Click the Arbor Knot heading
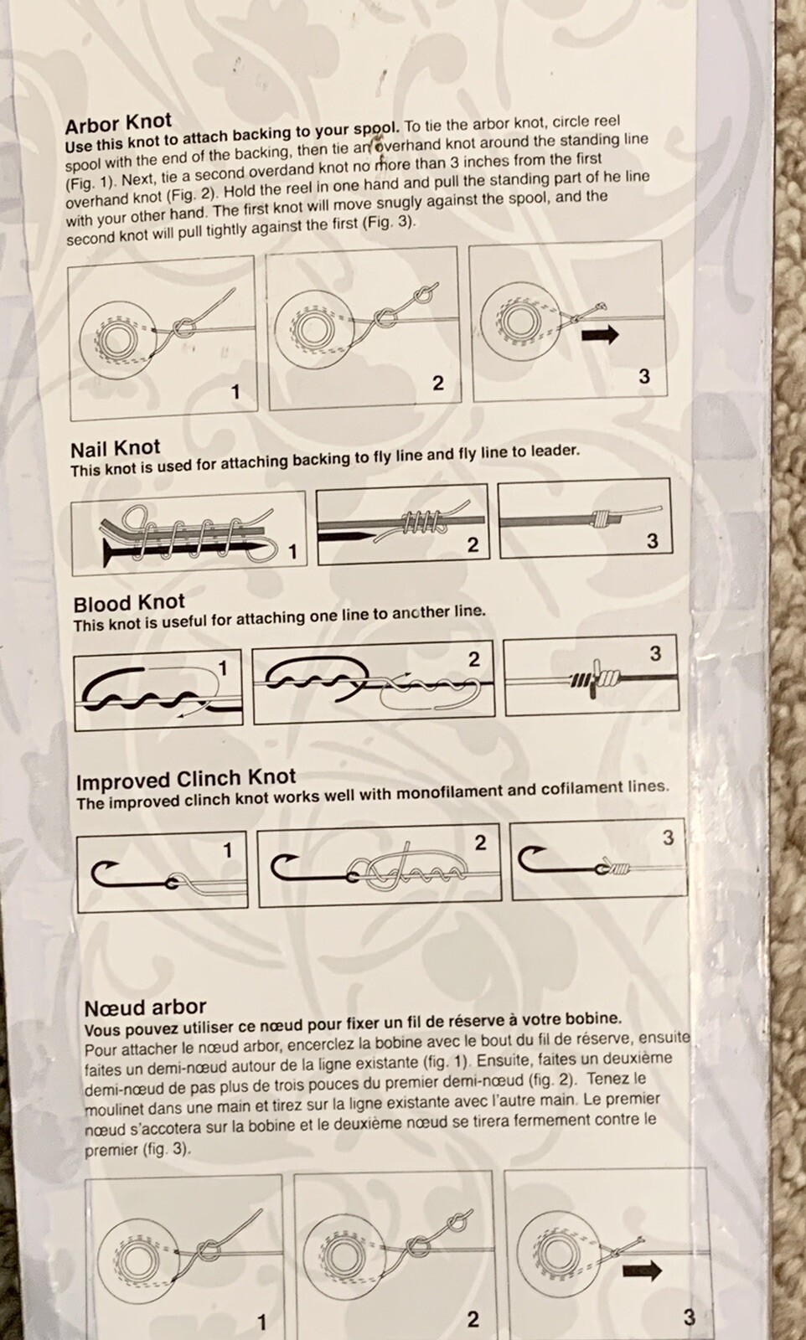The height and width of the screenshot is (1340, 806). pyautogui.click(x=118, y=123)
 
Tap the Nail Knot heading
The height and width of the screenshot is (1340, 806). pyautogui.click(x=116, y=449)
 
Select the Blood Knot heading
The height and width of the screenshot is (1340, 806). pyautogui.click(x=129, y=603)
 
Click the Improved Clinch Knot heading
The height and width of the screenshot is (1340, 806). pyautogui.click(x=186, y=780)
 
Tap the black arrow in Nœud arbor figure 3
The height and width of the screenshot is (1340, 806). pyautogui.click(x=642, y=1270)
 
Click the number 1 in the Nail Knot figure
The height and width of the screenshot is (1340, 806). pyautogui.click(x=292, y=552)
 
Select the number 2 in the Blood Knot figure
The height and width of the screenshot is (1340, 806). pyautogui.click(x=474, y=660)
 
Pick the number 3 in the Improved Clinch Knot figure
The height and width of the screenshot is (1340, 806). pyautogui.click(x=669, y=838)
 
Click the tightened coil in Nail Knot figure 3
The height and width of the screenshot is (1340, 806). pyautogui.click(x=602, y=520)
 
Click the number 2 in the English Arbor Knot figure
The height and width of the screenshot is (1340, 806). pyautogui.click(x=438, y=384)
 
